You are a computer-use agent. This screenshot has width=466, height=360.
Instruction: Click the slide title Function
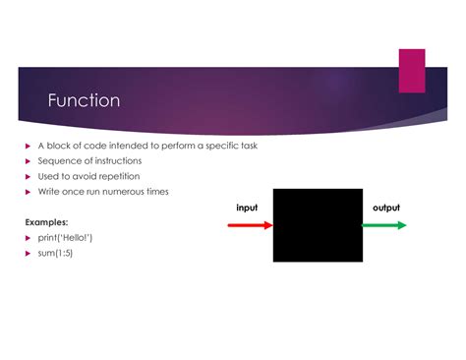coord(85,100)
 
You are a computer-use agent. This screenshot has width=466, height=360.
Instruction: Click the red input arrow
coord(249,225)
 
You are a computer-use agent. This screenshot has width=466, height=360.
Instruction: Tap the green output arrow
coord(384,225)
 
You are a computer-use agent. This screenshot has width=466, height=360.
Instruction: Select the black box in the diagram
coord(317,225)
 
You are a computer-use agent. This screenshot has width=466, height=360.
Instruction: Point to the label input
coord(248,208)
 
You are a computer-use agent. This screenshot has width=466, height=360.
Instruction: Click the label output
coord(385,208)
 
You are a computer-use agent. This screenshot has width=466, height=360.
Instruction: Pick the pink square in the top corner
coord(411,71)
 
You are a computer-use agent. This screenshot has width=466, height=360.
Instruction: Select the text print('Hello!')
coord(66,238)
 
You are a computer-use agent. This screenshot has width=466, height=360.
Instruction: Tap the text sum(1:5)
coord(56,254)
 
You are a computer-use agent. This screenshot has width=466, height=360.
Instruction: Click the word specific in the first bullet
coord(218,146)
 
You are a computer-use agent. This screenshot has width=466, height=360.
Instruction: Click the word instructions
coord(118,160)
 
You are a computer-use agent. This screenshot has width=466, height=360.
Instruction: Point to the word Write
coord(49,192)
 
